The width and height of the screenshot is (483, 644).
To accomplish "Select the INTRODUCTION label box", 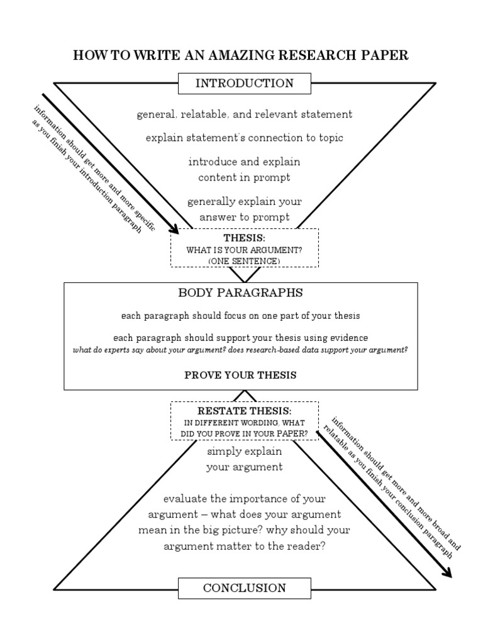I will tap(245, 83).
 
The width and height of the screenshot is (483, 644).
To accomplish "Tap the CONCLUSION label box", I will tap(245, 588).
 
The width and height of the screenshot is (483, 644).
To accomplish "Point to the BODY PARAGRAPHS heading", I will tap(241, 293).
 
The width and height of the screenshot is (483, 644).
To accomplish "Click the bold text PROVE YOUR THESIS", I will tap(241, 375).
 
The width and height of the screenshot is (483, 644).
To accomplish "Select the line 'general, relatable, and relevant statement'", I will tap(245, 114).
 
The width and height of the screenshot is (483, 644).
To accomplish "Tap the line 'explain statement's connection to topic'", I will tap(245, 137).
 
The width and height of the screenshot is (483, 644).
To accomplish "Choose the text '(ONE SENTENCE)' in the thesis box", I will tap(245, 260).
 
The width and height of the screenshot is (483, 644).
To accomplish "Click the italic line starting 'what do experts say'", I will tap(241, 349).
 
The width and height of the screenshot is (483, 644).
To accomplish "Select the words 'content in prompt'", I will tap(245, 177).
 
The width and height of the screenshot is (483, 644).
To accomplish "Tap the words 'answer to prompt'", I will tap(245, 217).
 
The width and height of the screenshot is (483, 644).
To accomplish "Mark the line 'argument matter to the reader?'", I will tap(245, 546).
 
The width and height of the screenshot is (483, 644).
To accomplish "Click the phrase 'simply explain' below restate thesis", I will tap(245, 452).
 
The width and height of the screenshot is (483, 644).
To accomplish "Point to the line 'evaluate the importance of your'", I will tap(245, 499).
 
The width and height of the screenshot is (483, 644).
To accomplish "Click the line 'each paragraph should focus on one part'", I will tap(241, 315).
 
